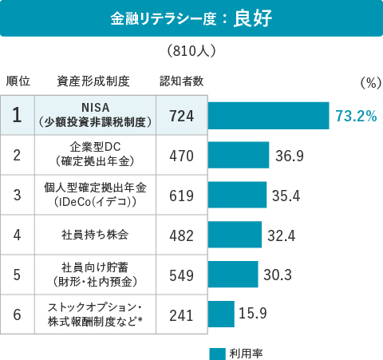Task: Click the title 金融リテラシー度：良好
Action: pyautogui.click(x=191, y=18)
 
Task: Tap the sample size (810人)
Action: pyautogui.click(x=191, y=51)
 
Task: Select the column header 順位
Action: pyautogui.click(x=18, y=81)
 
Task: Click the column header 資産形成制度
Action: pyautogui.click(x=93, y=81)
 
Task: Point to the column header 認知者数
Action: pyautogui.click(x=181, y=81)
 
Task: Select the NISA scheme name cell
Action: pyautogui.click(x=95, y=115)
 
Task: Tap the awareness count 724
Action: pyautogui.click(x=182, y=116)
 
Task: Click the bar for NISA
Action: pyautogui.click(x=269, y=116)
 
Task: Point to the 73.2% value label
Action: pyautogui.click(x=356, y=117)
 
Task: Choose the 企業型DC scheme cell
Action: pyautogui.click(x=95, y=154)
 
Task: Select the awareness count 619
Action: pyautogui.click(x=182, y=195)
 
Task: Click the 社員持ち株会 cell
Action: pyautogui.click(x=95, y=235)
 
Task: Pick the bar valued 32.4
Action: pyautogui.click(x=235, y=235)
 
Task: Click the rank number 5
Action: pyautogui.click(x=18, y=275)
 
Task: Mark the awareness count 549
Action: pyautogui.click(x=182, y=275)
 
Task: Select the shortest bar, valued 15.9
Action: pyautogui.click(x=221, y=314)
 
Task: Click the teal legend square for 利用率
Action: pyautogui.click(x=217, y=353)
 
